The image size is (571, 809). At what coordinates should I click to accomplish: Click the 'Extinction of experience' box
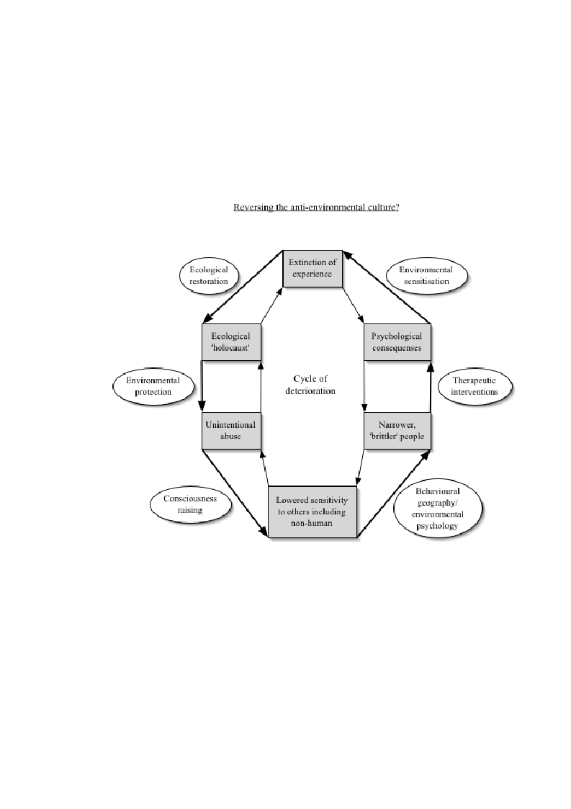[313, 269]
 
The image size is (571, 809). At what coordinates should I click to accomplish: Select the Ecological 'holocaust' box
[231, 342]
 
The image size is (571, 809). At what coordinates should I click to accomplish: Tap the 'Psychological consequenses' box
[397, 342]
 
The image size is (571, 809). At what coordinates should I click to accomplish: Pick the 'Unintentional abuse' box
[231, 431]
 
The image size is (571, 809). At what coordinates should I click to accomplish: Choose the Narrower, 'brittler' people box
[397, 431]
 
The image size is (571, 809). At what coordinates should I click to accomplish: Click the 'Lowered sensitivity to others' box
[313, 511]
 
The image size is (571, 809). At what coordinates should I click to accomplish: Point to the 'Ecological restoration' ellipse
[209, 275]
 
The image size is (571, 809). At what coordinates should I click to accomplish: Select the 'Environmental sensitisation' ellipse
[426, 275]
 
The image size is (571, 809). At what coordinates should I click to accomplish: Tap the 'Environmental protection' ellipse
[153, 386]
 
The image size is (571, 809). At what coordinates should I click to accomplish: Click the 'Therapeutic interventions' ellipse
[475, 386]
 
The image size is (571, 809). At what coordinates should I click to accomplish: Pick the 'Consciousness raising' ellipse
[190, 504]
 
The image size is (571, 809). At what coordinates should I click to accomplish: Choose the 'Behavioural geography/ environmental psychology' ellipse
[437, 509]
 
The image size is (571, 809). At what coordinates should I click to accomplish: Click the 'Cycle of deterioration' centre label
[310, 385]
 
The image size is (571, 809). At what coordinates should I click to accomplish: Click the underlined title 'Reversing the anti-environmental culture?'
[316, 207]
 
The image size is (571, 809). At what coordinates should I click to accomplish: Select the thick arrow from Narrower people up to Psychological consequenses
[431, 387]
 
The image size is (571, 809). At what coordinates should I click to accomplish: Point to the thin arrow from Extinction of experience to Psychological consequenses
[354, 305]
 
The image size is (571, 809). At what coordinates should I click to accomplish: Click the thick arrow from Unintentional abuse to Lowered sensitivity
[235, 493]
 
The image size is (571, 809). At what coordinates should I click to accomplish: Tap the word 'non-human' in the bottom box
[312, 523]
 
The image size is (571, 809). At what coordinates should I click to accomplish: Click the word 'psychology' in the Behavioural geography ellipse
[437, 527]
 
